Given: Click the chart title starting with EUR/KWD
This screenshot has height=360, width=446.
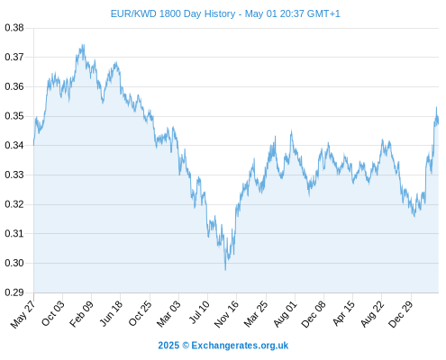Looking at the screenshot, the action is pos(225,13).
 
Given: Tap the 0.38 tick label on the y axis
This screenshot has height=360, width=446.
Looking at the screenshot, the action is pos(14,28).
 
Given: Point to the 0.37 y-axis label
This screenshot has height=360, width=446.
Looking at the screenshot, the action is pos(14,57).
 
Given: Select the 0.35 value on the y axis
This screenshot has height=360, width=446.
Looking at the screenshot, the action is pos(14,116).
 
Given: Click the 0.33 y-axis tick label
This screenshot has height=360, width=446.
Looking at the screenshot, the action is pos(14,175).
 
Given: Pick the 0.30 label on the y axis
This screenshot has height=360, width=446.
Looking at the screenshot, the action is pos(14,263).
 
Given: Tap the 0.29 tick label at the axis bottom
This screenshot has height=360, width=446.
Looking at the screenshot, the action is pos(14,292).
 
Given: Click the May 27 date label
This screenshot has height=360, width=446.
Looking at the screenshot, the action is pos(23,314).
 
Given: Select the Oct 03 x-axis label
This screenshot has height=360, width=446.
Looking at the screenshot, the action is pos(52,313).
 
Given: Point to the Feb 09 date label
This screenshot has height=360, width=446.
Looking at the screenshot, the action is pos(81,314).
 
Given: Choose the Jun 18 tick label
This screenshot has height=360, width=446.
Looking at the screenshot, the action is pos(111,313).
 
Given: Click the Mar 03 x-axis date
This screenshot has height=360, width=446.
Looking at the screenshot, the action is pos(168,313).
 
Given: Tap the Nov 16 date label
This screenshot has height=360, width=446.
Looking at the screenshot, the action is pos(226,314).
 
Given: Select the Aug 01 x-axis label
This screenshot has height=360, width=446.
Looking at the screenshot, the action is pos(285,314).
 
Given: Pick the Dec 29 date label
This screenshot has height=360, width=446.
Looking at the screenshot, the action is pos(401,314).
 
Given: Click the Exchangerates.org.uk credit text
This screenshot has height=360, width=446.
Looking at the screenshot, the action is pos(240,346).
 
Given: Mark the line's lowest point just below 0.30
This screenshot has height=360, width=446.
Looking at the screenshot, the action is pos(225,270).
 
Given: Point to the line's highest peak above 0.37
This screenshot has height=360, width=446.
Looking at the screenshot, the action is pos(82,45).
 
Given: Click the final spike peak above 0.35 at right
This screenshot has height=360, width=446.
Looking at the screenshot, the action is pos(436,107).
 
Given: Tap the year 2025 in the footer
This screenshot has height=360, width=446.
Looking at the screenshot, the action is pos(168,346).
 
